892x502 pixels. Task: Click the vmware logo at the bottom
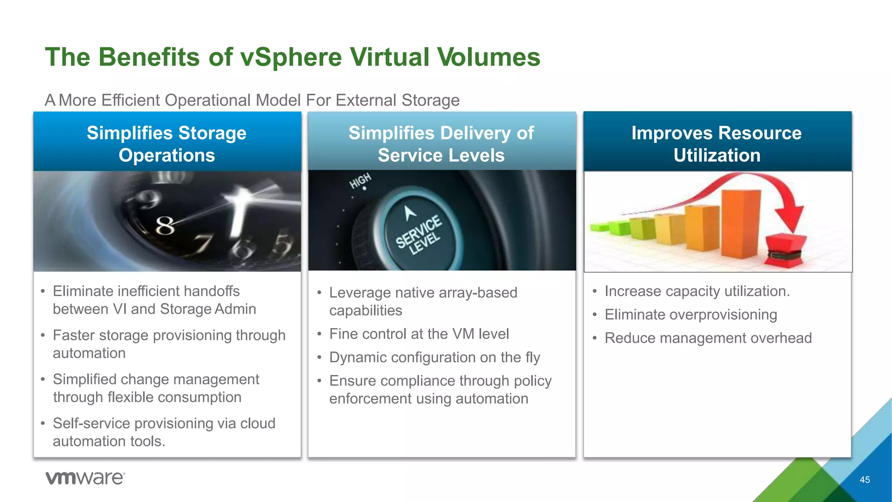click(x=85, y=478)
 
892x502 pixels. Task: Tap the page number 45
click(x=865, y=480)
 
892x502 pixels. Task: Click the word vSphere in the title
click(x=291, y=57)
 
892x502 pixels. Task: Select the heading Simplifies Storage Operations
click(x=167, y=144)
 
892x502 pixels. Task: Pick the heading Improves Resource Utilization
click(x=717, y=144)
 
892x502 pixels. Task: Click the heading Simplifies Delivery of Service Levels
click(x=441, y=144)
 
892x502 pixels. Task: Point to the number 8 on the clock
click(x=165, y=226)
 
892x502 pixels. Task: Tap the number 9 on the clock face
click(x=148, y=200)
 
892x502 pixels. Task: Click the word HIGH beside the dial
click(x=360, y=180)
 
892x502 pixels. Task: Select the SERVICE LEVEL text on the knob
click(x=418, y=235)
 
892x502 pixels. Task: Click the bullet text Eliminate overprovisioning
click(x=691, y=315)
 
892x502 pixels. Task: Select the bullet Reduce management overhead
click(x=708, y=338)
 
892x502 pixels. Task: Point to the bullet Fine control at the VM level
click(x=419, y=334)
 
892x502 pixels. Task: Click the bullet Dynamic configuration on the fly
click(x=435, y=357)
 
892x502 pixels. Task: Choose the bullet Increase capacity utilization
click(x=697, y=291)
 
